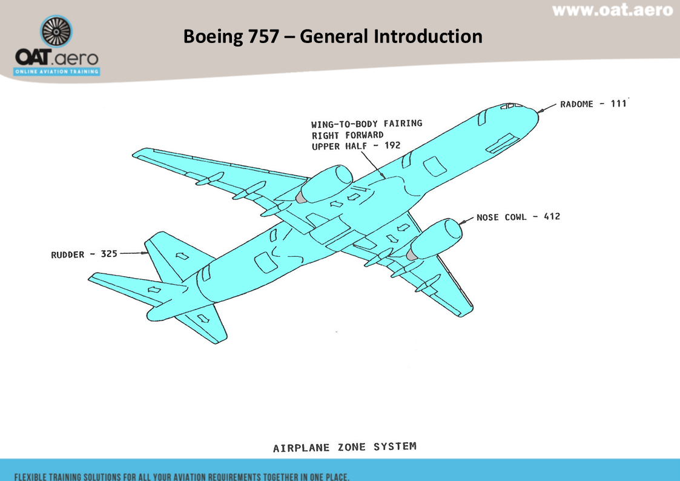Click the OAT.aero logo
tap(57, 45)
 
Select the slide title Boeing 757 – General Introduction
tap(332, 36)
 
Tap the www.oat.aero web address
tap(612, 10)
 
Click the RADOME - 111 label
tap(593, 104)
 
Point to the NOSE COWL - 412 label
tap(518, 217)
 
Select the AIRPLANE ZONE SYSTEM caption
tap(345, 447)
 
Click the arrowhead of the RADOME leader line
tap(540, 111)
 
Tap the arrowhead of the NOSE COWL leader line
tap(461, 223)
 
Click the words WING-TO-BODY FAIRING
tap(366, 124)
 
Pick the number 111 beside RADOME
tap(618, 104)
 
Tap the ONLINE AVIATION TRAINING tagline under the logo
tap(57, 71)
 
